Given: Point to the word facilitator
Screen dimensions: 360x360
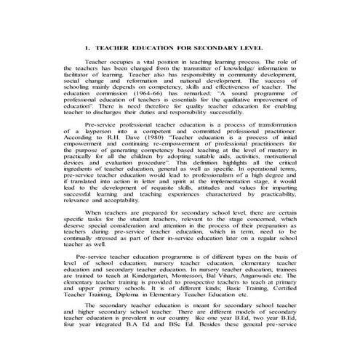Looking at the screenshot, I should pyautogui.click(x=79, y=79).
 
